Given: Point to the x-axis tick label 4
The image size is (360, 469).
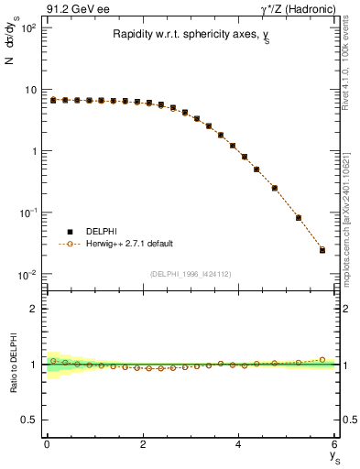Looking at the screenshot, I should (x=238, y=445).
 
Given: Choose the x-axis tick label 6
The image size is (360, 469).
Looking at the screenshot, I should (x=334, y=445).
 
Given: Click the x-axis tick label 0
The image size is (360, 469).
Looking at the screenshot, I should (x=46, y=445).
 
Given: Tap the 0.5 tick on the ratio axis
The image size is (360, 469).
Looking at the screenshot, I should (x=28, y=420).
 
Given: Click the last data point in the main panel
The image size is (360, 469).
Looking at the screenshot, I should (x=322, y=249).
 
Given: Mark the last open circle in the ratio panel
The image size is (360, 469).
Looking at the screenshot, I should (x=322, y=359).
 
